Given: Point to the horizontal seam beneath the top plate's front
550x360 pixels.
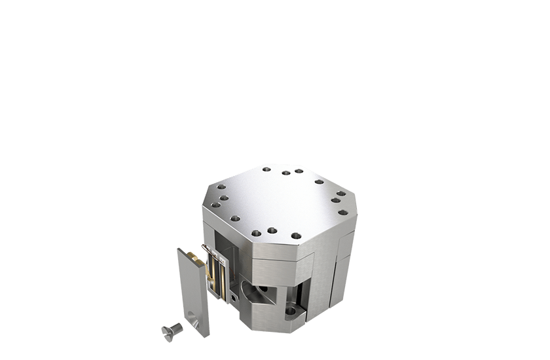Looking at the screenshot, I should (x=275, y=258).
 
